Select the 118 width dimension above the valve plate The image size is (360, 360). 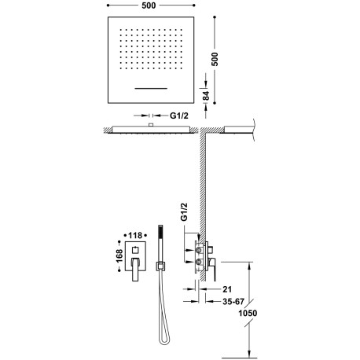139,233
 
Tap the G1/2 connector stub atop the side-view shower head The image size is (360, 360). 149,124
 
